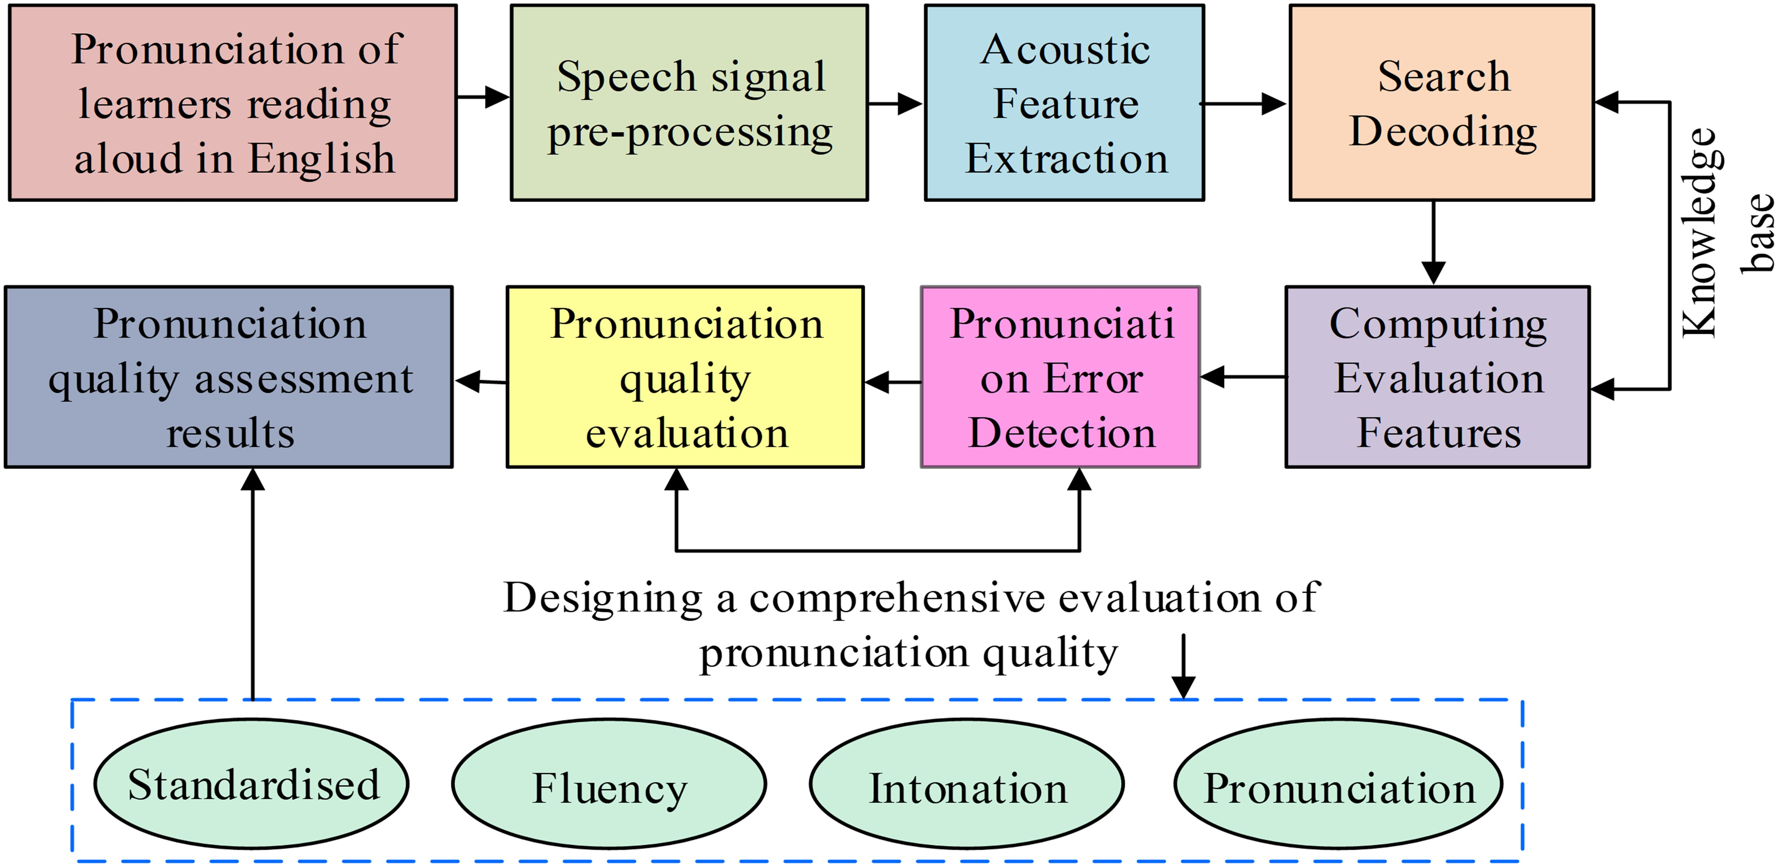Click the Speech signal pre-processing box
point(689,103)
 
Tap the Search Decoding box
point(1441,103)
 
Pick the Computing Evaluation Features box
point(1437,377)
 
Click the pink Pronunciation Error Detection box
point(1060,377)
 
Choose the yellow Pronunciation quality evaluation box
point(685,377)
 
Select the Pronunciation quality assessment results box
point(229,377)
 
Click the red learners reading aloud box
point(233,103)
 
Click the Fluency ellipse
point(609,784)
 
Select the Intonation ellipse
point(967,784)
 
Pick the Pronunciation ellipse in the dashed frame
point(1338,784)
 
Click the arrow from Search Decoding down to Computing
point(1433,243)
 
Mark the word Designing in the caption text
point(602,598)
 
